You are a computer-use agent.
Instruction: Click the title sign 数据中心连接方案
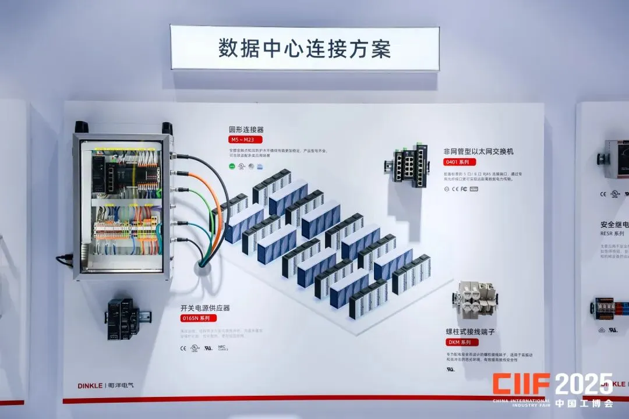[x=305, y=48]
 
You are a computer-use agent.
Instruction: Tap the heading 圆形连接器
[x=246, y=130]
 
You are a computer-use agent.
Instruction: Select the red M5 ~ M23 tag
[x=245, y=140]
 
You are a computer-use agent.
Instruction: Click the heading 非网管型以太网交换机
[x=479, y=151]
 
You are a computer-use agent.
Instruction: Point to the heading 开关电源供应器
[x=206, y=308]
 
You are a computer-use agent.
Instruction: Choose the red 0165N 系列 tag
[x=198, y=318]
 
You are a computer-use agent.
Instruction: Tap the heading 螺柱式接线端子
[x=470, y=332]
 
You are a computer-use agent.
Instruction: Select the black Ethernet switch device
[x=411, y=165]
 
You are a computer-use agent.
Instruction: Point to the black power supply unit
[x=123, y=318]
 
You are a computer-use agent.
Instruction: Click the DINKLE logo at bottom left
[x=90, y=385]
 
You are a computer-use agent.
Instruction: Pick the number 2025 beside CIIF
[x=582, y=384]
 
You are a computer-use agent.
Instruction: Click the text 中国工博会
[x=584, y=403]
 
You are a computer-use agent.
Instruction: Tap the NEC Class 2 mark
[x=222, y=348]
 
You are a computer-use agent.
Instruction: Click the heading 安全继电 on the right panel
[x=614, y=224]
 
